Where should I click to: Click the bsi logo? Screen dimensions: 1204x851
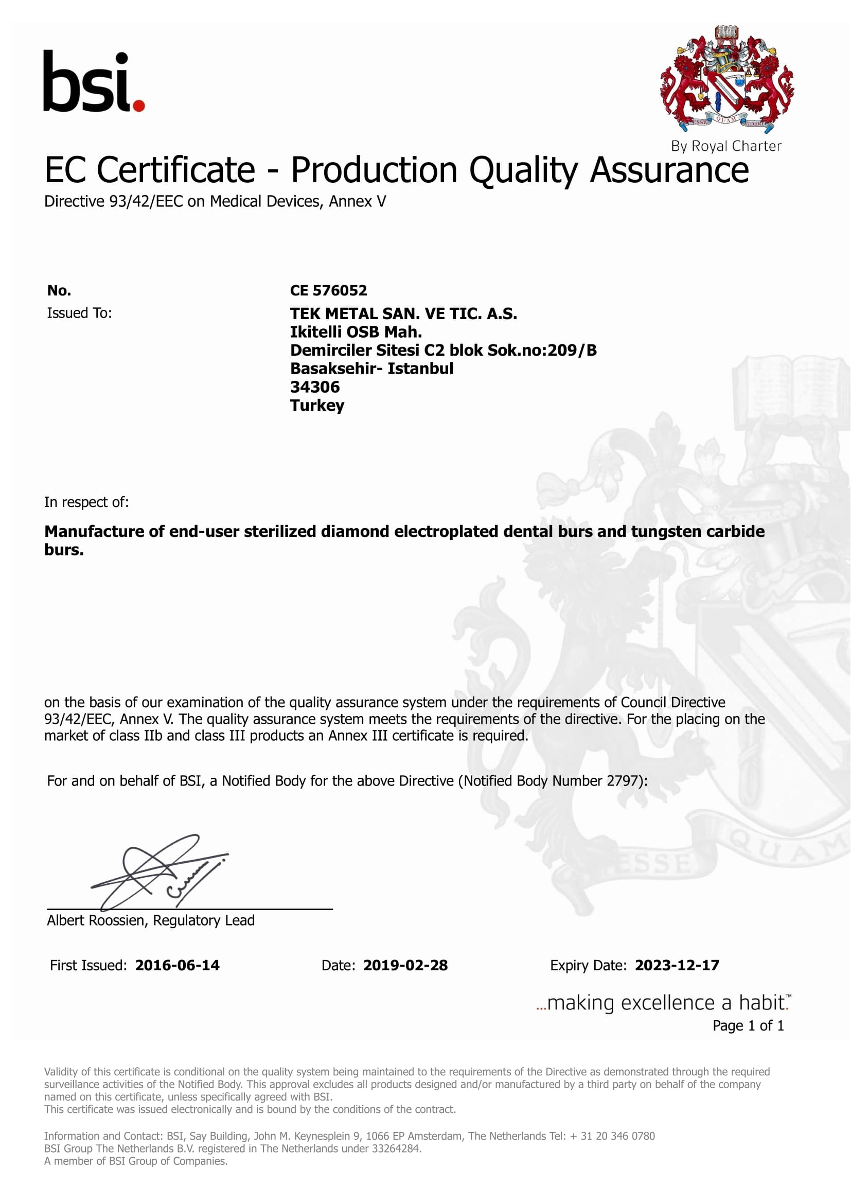tap(93, 81)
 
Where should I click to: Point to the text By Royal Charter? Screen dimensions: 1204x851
tap(726, 146)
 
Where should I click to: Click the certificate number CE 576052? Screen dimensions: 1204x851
tap(329, 290)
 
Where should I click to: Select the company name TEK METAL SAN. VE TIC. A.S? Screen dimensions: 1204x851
tap(403, 313)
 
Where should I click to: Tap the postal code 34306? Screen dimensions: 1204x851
tap(315, 387)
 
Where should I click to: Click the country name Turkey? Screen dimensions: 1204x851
tap(317, 405)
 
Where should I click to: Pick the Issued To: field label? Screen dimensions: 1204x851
tap(80, 313)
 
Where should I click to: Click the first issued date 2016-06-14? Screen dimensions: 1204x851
tap(177, 965)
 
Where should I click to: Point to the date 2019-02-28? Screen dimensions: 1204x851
tap(405, 965)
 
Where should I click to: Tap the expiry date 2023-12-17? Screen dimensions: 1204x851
tap(677, 965)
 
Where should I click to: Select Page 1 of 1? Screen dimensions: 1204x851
tap(748, 1025)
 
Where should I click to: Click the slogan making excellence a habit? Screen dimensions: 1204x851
tap(663, 1002)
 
